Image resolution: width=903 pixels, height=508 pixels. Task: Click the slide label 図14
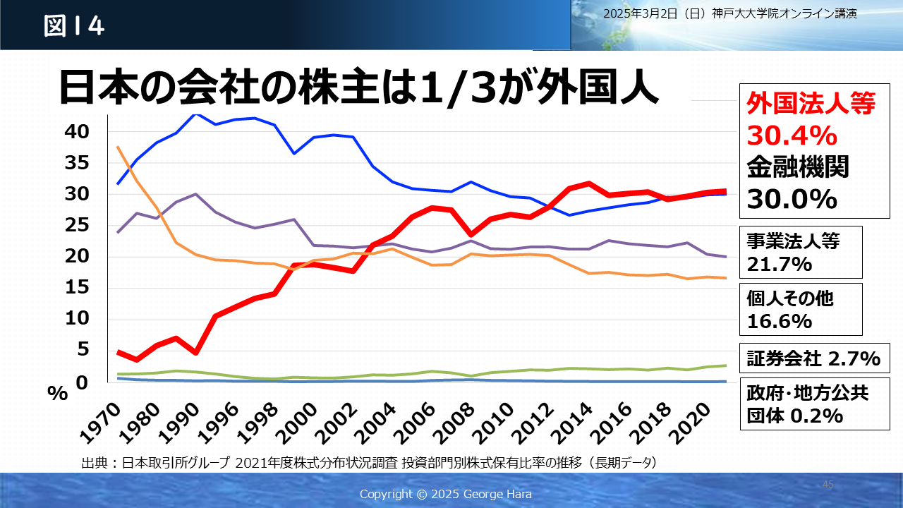coord(74,26)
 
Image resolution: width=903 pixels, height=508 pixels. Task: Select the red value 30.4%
coord(792,135)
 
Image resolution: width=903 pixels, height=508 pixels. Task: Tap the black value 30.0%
coord(792,200)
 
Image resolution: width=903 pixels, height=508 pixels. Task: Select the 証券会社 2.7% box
coord(813,358)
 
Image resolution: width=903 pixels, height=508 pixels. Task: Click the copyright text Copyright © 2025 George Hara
coord(445,494)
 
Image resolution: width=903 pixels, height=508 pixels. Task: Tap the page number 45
coord(828,485)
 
